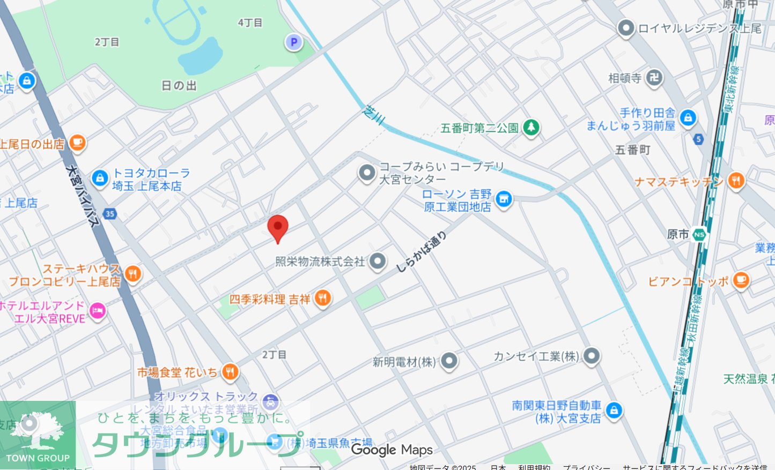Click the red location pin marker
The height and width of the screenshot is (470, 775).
(x=278, y=227)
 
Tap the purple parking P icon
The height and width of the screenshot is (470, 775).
(x=293, y=42)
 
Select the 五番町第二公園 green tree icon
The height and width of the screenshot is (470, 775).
(x=531, y=128)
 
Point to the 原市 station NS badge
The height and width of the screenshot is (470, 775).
(x=699, y=235)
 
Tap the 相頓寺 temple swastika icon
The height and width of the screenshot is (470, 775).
(x=654, y=78)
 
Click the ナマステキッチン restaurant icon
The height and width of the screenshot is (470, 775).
(x=736, y=181)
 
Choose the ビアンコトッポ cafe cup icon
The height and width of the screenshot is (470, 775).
(x=741, y=280)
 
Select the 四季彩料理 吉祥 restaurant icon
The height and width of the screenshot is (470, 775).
(x=322, y=298)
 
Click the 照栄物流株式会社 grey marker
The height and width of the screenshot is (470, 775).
(x=378, y=261)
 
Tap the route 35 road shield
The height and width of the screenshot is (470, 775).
(x=110, y=214)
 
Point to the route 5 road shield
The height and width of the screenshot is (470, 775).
(x=698, y=139)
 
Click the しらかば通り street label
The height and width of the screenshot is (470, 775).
(x=421, y=252)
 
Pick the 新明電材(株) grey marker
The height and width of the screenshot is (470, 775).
(x=449, y=361)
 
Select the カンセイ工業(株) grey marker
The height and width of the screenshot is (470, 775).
(x=591, y=356)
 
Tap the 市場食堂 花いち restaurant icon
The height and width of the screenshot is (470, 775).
(x=230, y=371)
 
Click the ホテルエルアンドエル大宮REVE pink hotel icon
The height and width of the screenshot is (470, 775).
(x=97, y=311)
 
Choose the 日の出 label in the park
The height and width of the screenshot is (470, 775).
(x=179, y=86)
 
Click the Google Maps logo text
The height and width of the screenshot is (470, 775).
(x=392, y=450)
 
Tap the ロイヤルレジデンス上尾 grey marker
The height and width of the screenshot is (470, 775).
(x=626, y=28)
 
